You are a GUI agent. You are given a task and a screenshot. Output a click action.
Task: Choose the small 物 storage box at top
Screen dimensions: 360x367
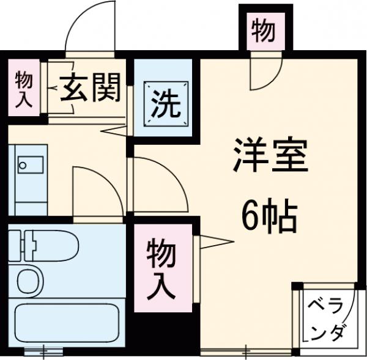tap(263, 31)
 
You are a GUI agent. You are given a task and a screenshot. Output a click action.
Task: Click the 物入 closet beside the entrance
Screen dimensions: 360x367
tap(23, 89)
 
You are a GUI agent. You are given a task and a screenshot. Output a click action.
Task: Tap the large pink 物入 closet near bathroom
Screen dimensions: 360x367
tap(161, 268)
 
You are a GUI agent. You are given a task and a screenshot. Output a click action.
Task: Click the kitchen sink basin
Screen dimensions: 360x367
tap(30, 165)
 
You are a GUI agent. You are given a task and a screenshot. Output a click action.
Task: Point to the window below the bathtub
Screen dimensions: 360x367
tap(45, 351)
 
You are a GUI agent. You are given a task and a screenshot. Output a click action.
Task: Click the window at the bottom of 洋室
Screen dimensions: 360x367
tap(245, 351)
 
